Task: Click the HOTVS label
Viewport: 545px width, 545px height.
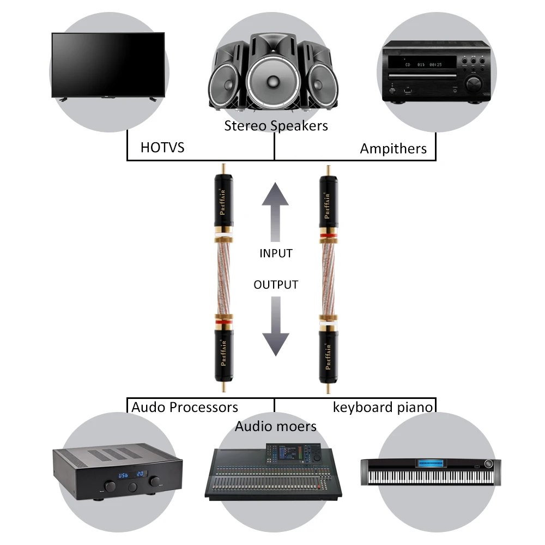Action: click(162, 148)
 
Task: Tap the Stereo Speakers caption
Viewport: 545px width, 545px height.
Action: click(276, 126)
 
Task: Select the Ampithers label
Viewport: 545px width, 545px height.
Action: click(393, 149)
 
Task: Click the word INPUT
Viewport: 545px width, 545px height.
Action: click(276, 253)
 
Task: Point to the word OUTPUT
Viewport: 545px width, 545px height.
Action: click(276, 284)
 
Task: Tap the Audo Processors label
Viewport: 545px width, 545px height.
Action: click(185, 407)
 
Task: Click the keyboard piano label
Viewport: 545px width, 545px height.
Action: click(383, 407)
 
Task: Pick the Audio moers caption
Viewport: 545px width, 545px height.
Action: click(275, 426)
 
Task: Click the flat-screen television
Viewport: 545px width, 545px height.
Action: click(108, 64)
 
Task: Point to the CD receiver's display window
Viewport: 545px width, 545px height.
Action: click(422, 65)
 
